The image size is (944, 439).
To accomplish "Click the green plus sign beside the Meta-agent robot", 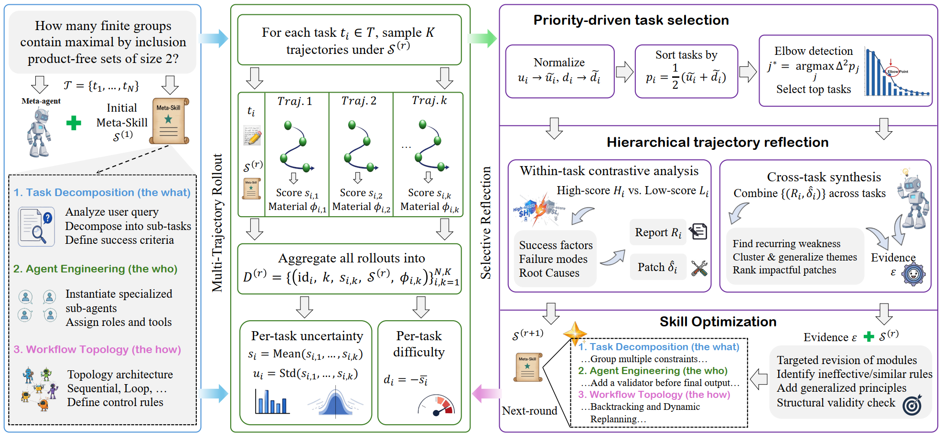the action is [74, 123].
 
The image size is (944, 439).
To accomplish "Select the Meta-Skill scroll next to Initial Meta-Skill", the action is [169, 121].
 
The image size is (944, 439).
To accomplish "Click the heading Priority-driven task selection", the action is [631, 20].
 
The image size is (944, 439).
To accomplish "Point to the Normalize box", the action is [560, 72].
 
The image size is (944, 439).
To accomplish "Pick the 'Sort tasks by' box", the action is [687, 72].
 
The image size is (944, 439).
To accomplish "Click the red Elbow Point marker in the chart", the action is [892, 72].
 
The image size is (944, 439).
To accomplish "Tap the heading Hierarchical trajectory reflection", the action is [718, 142].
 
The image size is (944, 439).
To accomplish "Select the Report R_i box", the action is [658, 232].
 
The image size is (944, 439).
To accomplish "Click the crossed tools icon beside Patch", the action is [699, 268].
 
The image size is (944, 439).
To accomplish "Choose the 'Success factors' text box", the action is [555, 259].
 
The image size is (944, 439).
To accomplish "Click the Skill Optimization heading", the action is [718, 322].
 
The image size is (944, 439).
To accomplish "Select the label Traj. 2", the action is [359, 101].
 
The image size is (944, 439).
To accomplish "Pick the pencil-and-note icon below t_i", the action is [252, 136].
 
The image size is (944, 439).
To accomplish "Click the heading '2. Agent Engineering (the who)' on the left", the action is [95, 269].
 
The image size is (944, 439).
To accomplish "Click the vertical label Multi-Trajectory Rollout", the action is [217, 222].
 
